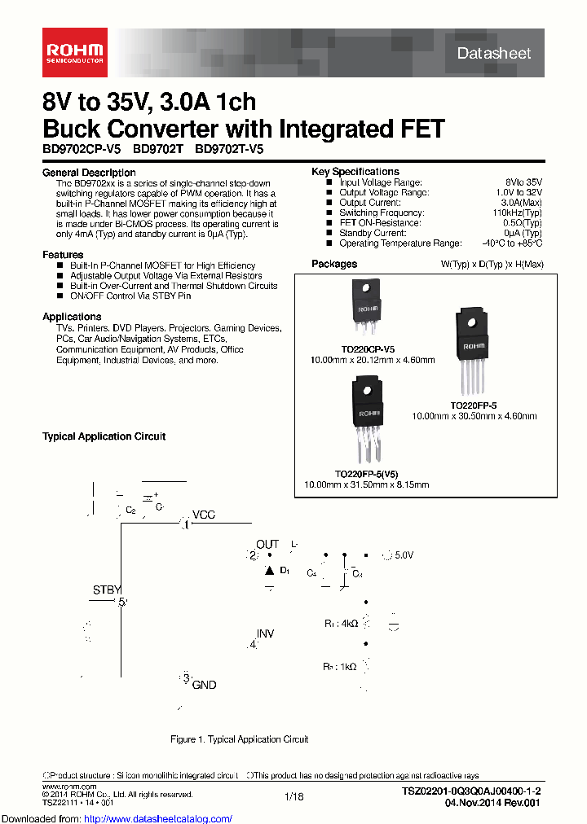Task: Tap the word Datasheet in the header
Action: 494,53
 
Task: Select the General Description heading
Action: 89,173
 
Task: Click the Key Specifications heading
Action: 355,172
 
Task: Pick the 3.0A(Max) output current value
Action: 521,203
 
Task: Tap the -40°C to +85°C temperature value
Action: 510,243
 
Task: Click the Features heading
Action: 63,255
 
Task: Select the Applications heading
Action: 72,317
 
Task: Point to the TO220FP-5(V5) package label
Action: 366,474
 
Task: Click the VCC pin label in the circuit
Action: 204,515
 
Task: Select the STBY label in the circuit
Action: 107,590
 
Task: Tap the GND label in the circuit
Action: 204,685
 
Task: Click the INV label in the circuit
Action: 266,633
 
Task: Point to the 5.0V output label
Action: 404,555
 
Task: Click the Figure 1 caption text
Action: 239,739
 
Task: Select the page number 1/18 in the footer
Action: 293,796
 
